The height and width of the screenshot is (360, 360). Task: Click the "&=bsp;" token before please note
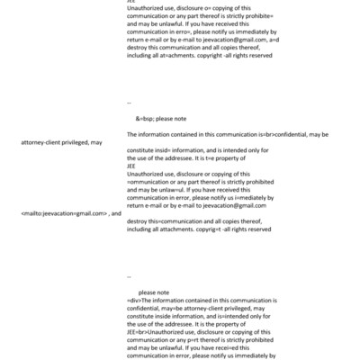click(x=148, y=118)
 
